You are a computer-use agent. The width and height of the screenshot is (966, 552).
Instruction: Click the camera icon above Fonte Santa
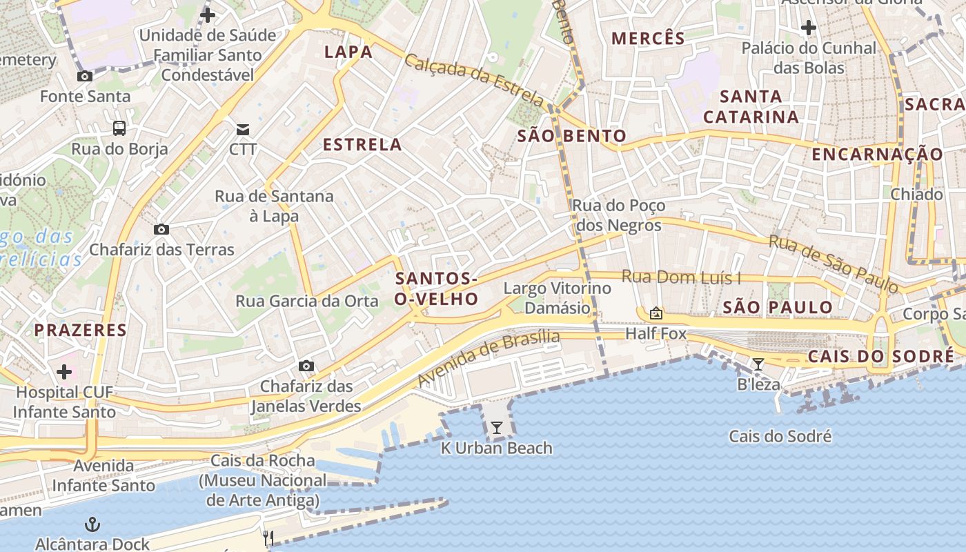tap(85, 77)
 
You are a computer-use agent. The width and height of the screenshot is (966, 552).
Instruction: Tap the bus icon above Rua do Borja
tap(119, 128)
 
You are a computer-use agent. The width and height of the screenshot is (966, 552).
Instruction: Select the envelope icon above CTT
tap(243, 129)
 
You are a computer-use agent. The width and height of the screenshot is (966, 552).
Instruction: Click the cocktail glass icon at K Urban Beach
tap(497, 428)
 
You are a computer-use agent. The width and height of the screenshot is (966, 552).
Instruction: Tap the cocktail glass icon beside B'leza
tap(758, 364)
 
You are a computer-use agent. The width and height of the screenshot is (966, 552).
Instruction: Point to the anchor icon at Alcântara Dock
tap(92, 524)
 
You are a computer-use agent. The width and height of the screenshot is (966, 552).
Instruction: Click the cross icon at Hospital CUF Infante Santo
tap(64, 373)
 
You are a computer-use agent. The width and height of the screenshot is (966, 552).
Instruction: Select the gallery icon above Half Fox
tap(655, 314)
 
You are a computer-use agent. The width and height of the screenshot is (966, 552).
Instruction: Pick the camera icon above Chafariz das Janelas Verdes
tap(306, 366)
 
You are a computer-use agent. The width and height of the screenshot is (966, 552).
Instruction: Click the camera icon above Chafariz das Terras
tap(161, 230)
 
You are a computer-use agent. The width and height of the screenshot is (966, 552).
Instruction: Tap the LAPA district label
tap(348, 52)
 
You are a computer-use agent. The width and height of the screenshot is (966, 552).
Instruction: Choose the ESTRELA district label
tap(362, 144)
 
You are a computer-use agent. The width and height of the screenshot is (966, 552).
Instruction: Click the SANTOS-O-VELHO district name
tap(437, 288)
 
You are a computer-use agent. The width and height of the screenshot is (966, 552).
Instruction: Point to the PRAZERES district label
tap(81, 330)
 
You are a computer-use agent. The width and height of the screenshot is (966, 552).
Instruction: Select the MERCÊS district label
tap(649, 39)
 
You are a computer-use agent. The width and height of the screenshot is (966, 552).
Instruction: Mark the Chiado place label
tap(916, 195)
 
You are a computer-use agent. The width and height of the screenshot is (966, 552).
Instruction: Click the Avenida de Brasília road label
tap(489, 358)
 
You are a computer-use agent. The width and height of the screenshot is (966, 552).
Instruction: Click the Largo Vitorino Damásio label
tap(558, 297)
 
